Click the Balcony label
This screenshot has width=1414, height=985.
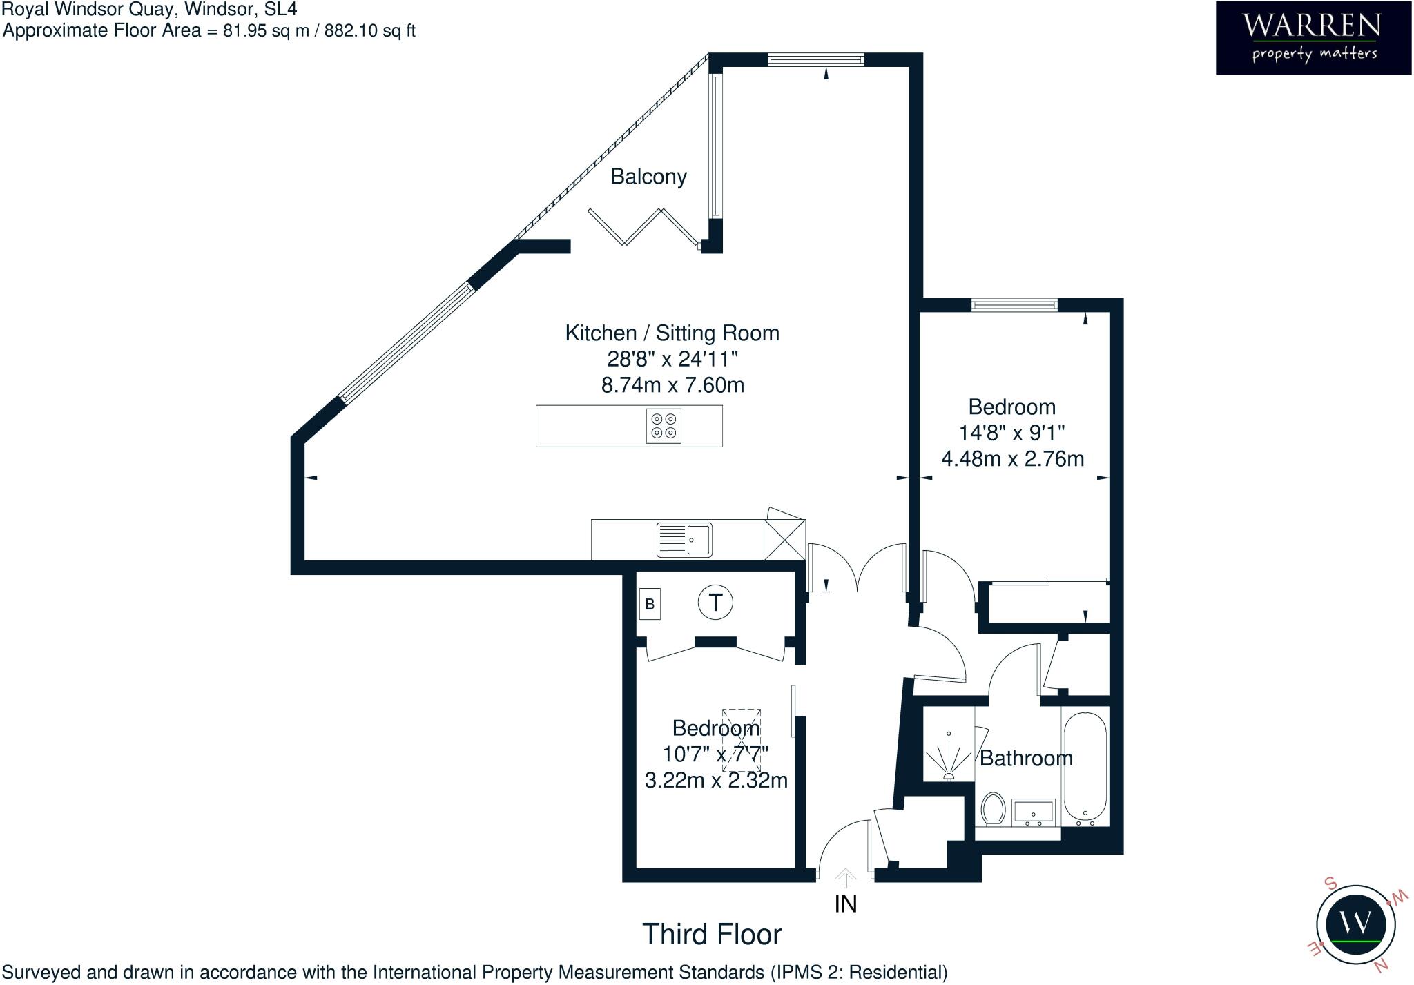tap(648, 177)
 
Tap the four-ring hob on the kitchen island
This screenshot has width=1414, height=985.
tap(664, 426)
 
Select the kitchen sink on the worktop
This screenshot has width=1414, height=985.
tap(684, 540)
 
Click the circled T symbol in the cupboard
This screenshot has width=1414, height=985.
tap(715, 603)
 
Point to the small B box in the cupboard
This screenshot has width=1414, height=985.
tap(650, 604)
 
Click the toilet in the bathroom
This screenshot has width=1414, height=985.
tap(992, 808)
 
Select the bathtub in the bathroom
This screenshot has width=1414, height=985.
tap(1085, 768)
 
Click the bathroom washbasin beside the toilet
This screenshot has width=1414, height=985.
tap(1033, 812)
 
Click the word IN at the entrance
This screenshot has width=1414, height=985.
tap(845, 904)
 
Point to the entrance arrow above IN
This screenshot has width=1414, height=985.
tap(845, 877)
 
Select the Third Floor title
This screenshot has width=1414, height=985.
tap(712, 934)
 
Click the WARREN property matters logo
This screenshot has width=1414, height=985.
tap(1313, 37)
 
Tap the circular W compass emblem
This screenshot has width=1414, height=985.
tap(1355, 924)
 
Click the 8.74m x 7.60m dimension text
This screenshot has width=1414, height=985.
tap(672, 384)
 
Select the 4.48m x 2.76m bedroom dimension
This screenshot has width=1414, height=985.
tap(1012, 458)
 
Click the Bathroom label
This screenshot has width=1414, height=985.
tap(1026, 758)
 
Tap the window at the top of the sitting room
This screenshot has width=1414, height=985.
tap(815, 60)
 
